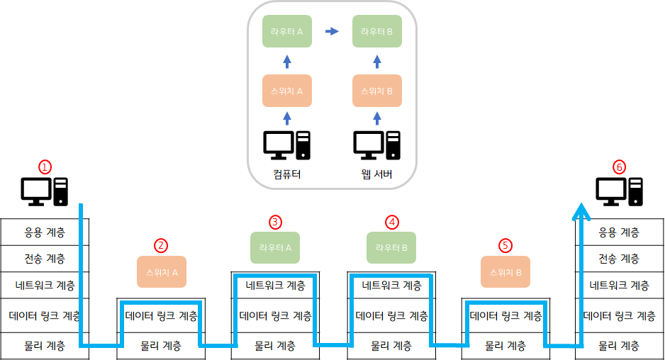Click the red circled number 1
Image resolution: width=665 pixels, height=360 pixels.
pos(45,167)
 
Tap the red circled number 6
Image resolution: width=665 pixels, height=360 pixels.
pos(619,167)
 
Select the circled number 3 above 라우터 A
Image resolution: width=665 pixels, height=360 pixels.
pos(275,222)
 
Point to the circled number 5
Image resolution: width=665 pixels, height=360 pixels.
pos(505,245)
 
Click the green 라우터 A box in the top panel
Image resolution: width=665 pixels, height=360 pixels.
pos(287,31)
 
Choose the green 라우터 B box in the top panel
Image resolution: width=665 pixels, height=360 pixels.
pos(377,31)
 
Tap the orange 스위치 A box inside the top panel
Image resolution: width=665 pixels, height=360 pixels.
pos(287,91)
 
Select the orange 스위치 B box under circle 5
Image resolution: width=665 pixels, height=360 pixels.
pos(505,272)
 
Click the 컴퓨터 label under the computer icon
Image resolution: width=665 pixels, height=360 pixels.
pos(287,174)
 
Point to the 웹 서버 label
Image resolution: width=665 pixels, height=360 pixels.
pos(377,174)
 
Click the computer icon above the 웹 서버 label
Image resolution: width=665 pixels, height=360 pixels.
pos(377,145)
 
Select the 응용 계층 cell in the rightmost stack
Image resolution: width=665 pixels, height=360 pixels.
pos(619,232)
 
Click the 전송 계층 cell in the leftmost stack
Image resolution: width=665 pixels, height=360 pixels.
pos(45,259)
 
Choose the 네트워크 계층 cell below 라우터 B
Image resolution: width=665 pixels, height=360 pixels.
pos(391,286)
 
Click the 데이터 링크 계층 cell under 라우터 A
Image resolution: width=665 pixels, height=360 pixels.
pos(275,316)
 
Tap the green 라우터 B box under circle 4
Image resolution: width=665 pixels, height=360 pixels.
pos(391,247)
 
